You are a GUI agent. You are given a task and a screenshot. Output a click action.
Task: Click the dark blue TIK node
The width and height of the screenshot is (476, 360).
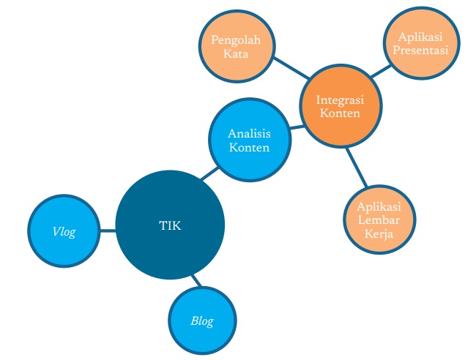pos(169,225)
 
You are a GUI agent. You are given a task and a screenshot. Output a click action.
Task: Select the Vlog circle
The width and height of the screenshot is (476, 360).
pos(64,231)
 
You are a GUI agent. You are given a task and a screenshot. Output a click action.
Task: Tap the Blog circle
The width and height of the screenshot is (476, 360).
pos(202,320)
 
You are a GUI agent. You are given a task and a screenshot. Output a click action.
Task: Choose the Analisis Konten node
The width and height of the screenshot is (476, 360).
pos(249,140)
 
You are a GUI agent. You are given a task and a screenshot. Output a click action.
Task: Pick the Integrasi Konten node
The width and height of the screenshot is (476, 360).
pos(341,107)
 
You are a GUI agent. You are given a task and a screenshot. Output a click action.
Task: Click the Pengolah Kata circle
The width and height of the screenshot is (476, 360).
pos(236,47)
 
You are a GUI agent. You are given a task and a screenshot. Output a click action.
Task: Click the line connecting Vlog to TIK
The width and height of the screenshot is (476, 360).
pos(107,230)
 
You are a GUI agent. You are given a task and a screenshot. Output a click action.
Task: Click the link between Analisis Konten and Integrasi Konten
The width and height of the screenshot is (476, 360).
pos(295,127)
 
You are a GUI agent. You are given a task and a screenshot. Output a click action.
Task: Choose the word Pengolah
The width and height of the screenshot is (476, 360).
pos(236,40)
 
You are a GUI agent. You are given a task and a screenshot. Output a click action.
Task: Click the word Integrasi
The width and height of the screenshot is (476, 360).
pos(341,100)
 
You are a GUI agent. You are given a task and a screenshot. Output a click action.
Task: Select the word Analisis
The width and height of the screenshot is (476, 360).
pos(249,134)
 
